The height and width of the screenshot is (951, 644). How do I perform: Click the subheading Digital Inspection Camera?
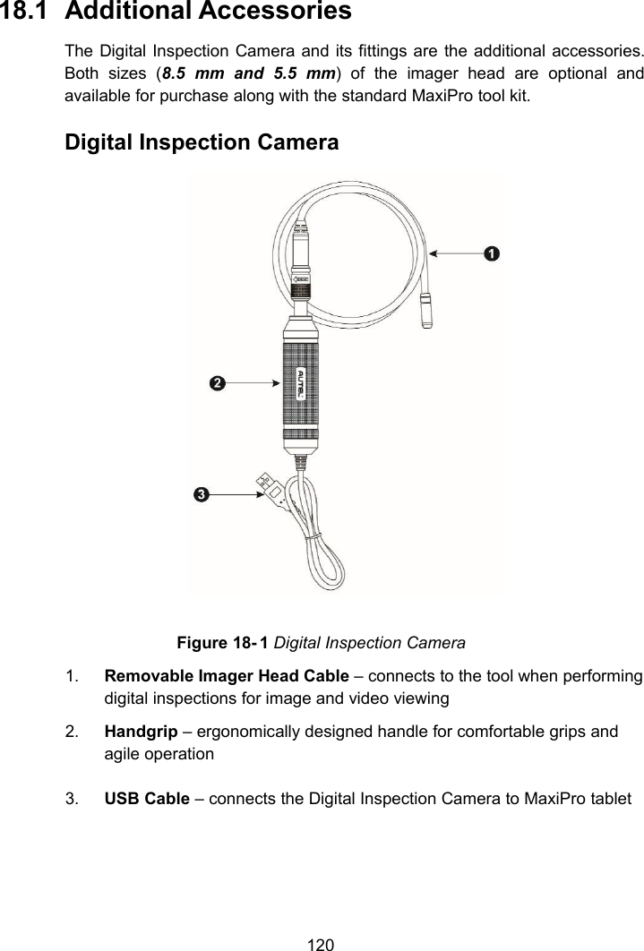[x=202, y=142]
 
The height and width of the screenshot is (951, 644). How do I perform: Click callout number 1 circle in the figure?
[x=491, y=254]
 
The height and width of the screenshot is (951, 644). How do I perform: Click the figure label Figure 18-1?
[x=223, y=643]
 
